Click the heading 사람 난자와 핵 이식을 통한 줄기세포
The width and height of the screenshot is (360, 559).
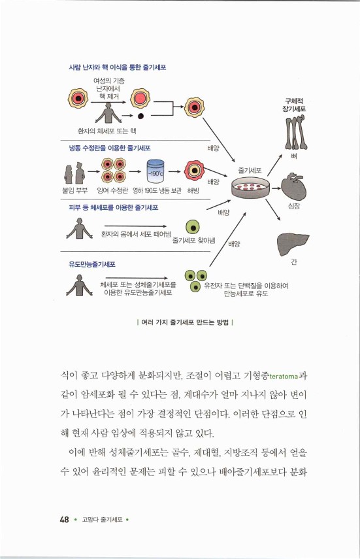(x=116, y=67)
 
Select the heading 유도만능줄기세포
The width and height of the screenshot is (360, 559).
(x=92, y=264)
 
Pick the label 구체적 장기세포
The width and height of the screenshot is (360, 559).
(x=294, y=105)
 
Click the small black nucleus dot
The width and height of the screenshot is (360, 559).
(x=140, y=116)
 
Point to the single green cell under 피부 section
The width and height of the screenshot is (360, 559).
(x=192, y=227)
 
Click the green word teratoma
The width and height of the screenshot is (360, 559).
(x=279, y=376)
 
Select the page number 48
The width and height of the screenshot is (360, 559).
(x=64, y=520)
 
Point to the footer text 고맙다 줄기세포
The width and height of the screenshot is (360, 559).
(x=101, y=520)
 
